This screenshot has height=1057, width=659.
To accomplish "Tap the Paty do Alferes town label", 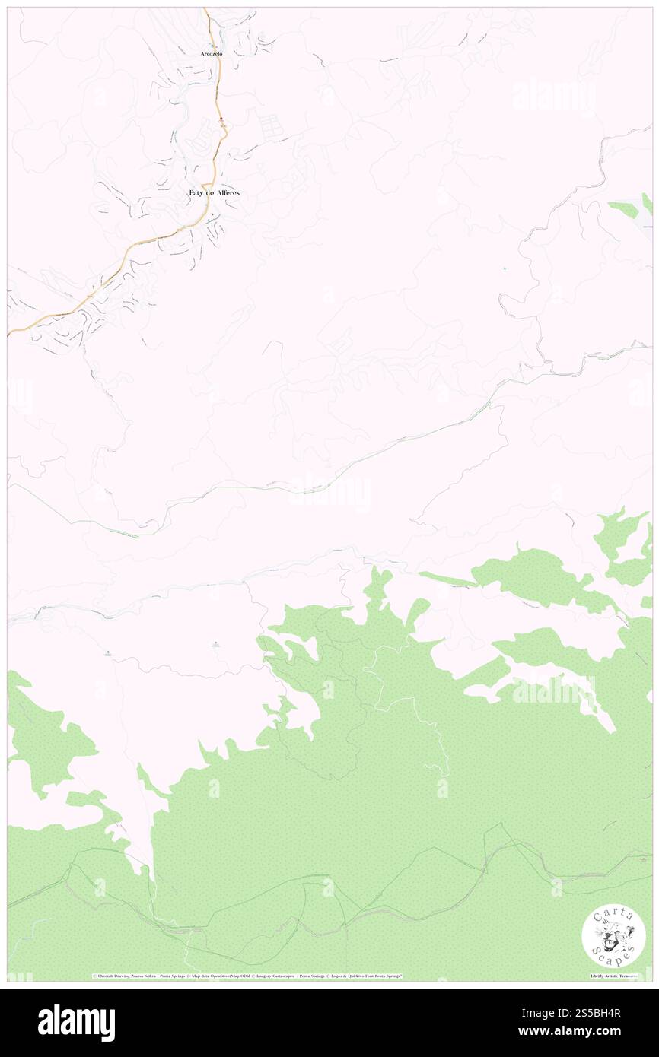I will coord(214,193).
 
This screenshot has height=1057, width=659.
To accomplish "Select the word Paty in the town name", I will coord(196,193).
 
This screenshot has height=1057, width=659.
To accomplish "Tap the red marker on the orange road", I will coord(221,120).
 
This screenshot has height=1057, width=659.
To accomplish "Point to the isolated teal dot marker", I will coord(505,268).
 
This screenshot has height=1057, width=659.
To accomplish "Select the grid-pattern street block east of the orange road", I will coord(272,125).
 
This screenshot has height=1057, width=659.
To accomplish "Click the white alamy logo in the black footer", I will coord(76,1022).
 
